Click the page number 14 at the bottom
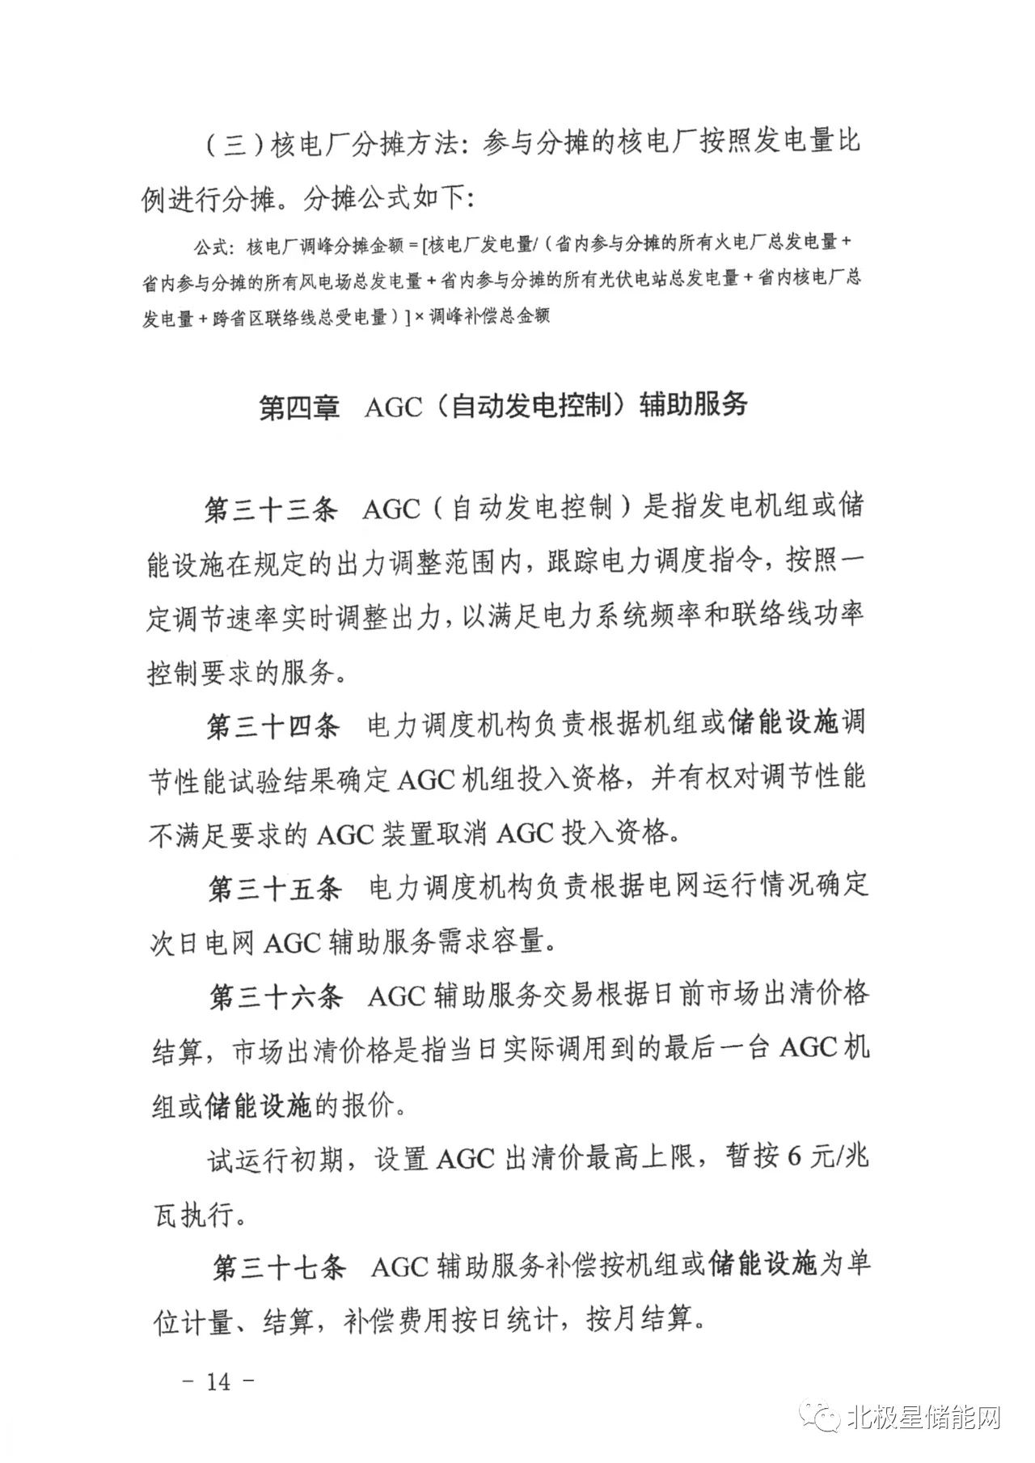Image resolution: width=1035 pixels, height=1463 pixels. point(218,1381)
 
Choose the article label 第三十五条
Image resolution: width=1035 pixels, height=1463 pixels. point(275,888)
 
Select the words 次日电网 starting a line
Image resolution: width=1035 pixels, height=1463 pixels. point(202,943)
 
